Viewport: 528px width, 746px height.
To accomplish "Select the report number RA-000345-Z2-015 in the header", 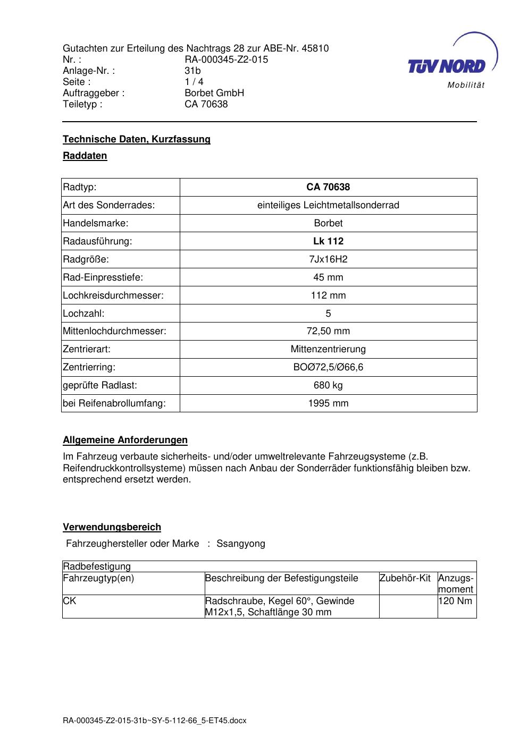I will point(226,60).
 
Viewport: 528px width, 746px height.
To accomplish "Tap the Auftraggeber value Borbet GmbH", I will point(214,93).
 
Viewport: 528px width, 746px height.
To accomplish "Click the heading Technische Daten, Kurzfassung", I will point(137,139).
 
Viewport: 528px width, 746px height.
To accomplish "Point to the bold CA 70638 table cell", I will point(328,187).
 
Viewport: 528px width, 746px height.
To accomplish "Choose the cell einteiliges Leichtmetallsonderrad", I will point(328,205).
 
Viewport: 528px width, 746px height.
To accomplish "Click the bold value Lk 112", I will point(328,241).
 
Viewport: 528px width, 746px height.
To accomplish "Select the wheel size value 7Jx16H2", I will point(328,259).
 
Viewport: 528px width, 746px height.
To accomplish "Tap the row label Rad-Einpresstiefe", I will point(103,277).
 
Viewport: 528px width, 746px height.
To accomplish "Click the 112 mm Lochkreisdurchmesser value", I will point(328,295).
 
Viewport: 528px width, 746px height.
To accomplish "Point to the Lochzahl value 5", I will point(328,313).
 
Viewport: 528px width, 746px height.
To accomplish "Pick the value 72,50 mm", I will point(328,332).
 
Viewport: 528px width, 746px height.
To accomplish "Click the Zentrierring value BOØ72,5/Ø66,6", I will point(328,367).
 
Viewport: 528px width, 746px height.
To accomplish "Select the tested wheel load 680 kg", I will point(328,385).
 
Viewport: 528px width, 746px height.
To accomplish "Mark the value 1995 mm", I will point(328,403).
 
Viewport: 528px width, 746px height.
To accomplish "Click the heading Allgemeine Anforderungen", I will point(125,440).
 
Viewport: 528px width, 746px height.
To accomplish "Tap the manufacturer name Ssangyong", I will point(240,544).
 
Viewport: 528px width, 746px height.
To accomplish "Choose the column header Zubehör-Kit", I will point(405,578).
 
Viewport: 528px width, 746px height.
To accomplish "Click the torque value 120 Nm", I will point(455,601).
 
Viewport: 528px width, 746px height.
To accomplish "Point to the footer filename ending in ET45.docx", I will point(155,721).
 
